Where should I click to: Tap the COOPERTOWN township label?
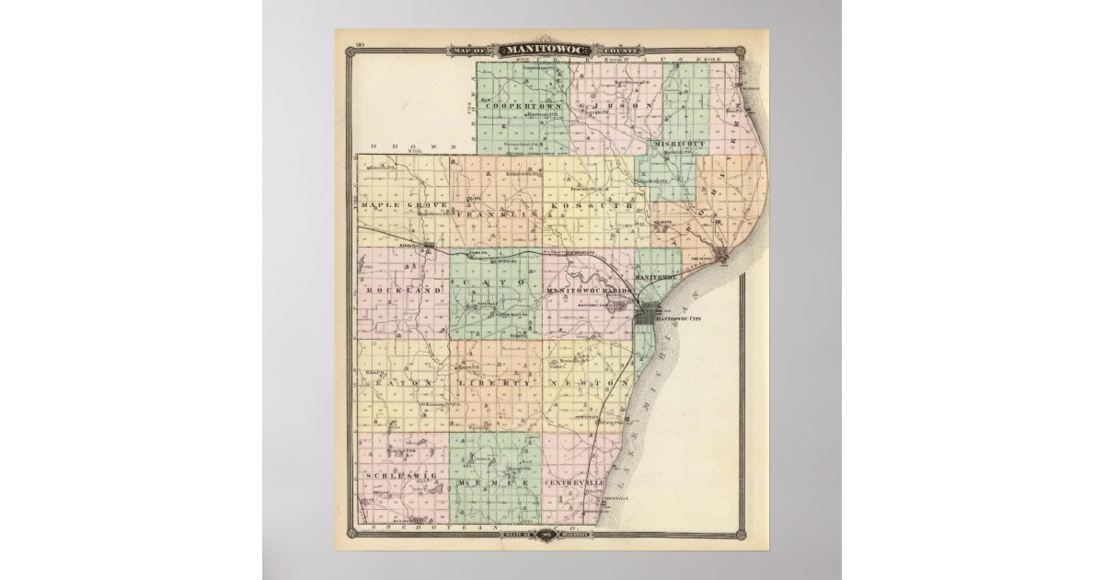(x=522, y=104)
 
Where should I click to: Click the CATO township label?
(x=497, y=281)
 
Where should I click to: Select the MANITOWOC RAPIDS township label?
(x=590, y=290)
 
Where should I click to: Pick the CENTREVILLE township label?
(x=575, y=482)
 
